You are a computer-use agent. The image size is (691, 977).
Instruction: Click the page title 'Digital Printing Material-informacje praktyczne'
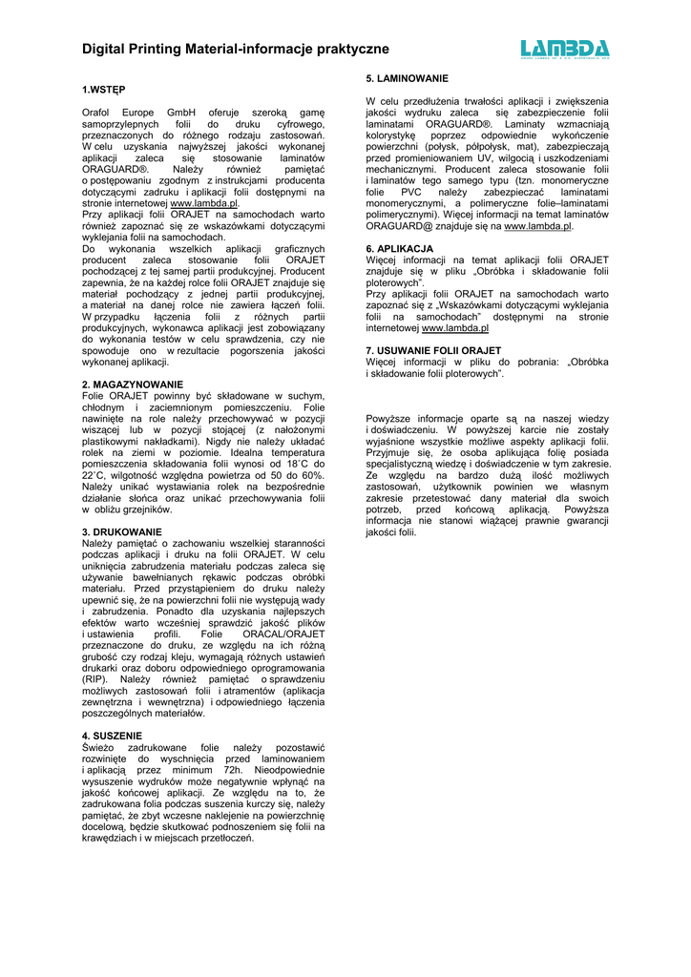[x=235, y=48]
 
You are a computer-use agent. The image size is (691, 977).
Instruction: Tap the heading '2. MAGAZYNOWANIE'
[x=133, y=385]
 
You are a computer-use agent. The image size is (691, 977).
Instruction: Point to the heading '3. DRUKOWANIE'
[x=122, y=531]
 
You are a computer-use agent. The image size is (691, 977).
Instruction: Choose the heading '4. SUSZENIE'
[x=112, y=736]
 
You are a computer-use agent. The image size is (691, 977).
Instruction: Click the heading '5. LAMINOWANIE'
[x=408, y=77]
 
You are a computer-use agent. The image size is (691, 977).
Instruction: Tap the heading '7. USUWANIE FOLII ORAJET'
[x=433, y=350]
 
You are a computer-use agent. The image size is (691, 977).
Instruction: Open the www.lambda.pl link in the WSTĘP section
[x=204, y=203]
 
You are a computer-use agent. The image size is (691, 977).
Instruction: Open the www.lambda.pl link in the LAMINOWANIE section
[x=537, y=226]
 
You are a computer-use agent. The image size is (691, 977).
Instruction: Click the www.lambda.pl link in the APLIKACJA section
[x=455, y=328]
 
